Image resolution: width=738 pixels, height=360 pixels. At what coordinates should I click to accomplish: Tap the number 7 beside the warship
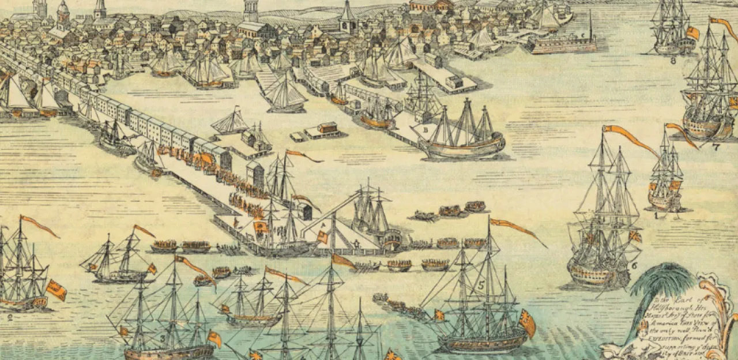point(716,147)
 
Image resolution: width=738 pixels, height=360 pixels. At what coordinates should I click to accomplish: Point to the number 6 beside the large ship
point(634,266)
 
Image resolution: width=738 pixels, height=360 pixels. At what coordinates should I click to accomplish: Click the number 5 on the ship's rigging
point(481,284)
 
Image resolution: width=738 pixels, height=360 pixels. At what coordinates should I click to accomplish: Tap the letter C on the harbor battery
point(583,36)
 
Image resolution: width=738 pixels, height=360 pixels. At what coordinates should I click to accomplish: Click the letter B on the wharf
point(426,129)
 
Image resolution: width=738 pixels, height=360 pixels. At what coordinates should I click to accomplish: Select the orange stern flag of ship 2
point(57,290)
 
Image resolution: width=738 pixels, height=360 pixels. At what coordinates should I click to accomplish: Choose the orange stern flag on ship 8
point(692,33)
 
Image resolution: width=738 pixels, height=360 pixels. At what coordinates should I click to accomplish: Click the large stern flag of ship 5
point(526,323)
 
